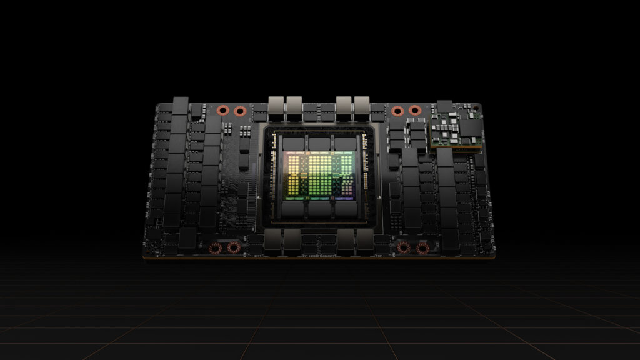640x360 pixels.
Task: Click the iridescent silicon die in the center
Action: [x=319, y=174]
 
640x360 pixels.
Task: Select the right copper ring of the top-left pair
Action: [x=239, y=111]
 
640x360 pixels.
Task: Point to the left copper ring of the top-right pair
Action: [x=397, y=111]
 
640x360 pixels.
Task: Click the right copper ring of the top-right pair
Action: [x=414, y=111]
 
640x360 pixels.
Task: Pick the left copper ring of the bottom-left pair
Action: [x=216, y=249]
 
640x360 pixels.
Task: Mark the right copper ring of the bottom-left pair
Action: [x=234, y=248]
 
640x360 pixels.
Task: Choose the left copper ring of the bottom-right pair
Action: [x=404, y=248]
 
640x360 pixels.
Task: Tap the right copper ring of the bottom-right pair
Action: [x=422, y=249]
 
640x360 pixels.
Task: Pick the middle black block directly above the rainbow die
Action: [x=319, y=143]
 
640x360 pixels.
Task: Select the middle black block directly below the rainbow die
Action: [x=319, y=208]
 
